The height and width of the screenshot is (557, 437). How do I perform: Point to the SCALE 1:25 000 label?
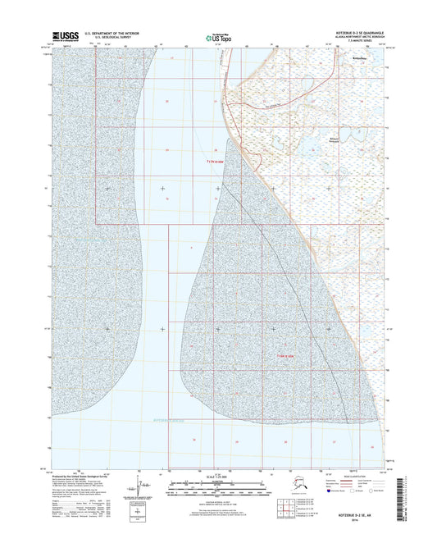[217, 476]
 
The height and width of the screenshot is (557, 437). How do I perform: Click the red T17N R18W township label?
[211, 162]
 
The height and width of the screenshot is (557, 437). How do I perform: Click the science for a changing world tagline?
[66, 41]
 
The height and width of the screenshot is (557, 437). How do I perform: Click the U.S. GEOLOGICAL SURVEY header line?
[114, 38]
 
